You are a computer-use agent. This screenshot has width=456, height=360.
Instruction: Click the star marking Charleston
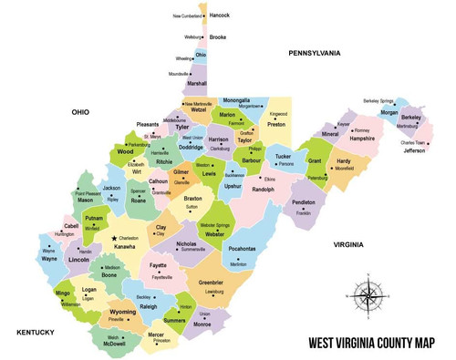(x=114, y=238)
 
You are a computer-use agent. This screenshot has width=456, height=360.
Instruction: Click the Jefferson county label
(x=414, y=150)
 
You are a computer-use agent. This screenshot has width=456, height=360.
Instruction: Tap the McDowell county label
(x=115, y=344)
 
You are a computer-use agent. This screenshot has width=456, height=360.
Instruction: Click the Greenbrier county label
(x=211, y=283)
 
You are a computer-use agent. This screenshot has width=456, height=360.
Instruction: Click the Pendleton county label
(x=304, y=203)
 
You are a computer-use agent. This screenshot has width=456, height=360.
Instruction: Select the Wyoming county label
(x=122, y=312)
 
